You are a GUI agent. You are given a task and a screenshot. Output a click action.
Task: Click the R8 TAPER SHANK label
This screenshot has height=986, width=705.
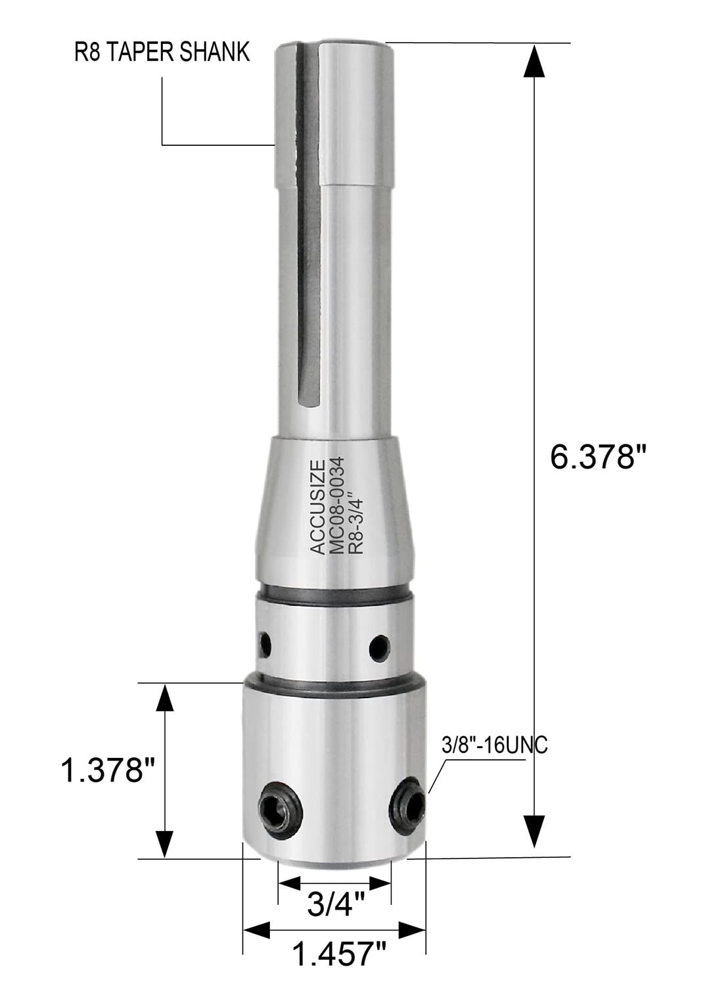point(162,52)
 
